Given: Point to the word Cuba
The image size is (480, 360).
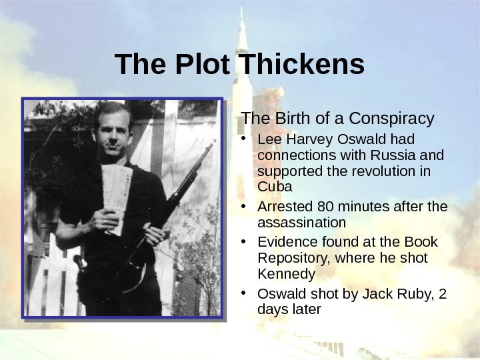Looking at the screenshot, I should pyautogui.click(x=271, y=186).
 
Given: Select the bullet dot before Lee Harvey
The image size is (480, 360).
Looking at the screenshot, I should pyautogui.click(x=246, y=139).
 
